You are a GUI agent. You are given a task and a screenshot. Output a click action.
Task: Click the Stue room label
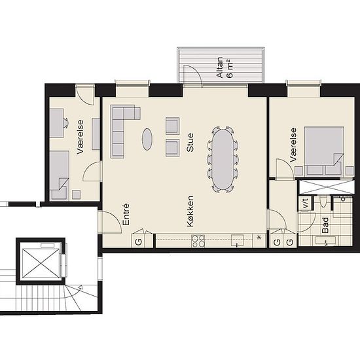coord(190,142)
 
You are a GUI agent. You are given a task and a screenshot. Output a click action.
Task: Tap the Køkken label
coord(190,211)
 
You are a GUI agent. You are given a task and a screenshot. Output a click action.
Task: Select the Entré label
coord(126,215)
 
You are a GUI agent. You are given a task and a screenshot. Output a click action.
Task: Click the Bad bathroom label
coord(325,225)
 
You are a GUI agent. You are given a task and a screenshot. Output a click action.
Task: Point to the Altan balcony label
coord(220,67)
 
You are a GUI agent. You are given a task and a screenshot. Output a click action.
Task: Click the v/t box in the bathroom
coord(306,203)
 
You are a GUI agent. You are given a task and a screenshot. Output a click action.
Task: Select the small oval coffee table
coord(147,139)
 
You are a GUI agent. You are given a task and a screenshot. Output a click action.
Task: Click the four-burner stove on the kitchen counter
coord(198,241)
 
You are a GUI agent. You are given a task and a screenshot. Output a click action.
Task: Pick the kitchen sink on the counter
coord(237,240)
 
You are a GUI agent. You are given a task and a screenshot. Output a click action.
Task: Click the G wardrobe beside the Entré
coord(139,242)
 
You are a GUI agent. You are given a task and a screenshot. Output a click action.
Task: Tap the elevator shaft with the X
coord(40,261)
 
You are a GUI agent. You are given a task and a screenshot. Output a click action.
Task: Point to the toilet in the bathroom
coord(323,202)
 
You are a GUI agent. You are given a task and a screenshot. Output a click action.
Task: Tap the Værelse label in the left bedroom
coord(80,137)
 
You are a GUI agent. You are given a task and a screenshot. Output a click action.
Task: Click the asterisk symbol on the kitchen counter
coord(259,238)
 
